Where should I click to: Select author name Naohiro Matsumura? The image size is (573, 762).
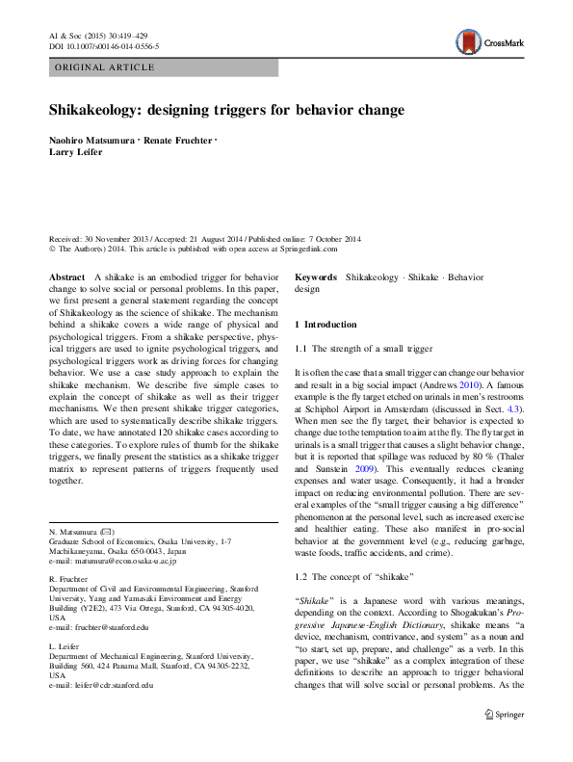91,141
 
